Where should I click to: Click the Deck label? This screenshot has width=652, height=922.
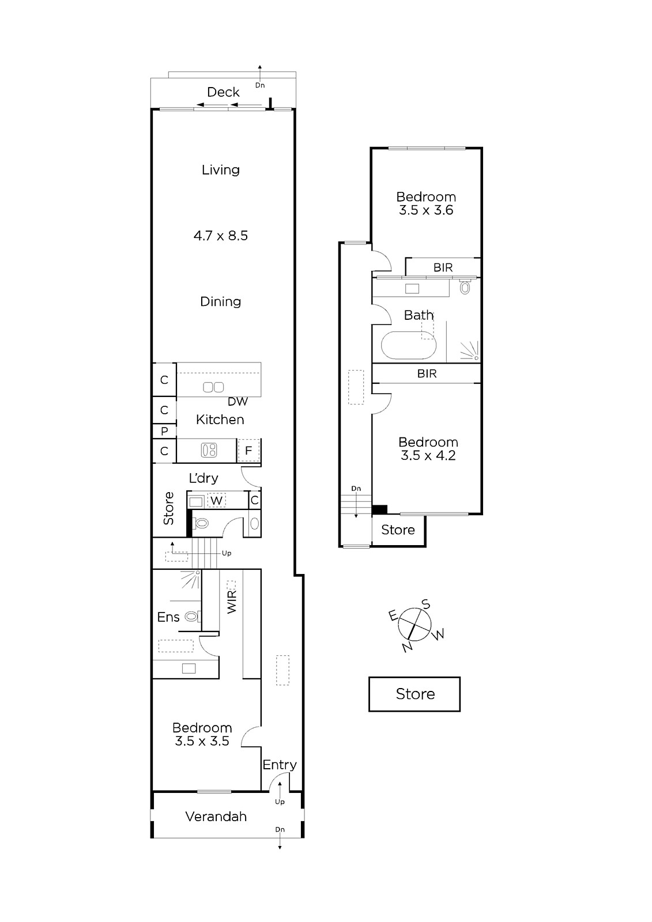coord(223,92)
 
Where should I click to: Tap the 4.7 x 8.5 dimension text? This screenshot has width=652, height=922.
coord(221,236)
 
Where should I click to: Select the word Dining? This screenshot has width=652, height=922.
coord(220,302)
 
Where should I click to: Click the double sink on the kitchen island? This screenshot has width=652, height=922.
coord(213,387)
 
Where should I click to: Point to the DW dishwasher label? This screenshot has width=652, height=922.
coord(238,402)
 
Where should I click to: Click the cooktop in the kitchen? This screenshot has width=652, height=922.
coord(209,450)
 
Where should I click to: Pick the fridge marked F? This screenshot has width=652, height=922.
coord(249,450)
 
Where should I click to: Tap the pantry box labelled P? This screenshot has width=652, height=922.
coord(164,431)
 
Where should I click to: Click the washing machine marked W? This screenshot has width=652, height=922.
coord(216,501)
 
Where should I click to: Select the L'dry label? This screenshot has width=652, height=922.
coord(203,478)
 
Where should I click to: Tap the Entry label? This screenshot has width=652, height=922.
coord(280,765)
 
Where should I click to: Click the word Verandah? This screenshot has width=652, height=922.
coord(216,817)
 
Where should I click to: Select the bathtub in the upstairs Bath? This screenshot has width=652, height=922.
coord(408,345)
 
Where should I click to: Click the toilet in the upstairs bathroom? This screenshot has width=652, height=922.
coord(465,287)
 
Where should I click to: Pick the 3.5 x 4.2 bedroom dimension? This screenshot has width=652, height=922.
coord(428,456)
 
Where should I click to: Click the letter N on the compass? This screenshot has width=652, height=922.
coord(408,648)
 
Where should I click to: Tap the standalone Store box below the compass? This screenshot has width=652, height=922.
coord(414,694)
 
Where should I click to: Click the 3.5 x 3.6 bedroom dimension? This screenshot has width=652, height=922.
coord(426,210)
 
